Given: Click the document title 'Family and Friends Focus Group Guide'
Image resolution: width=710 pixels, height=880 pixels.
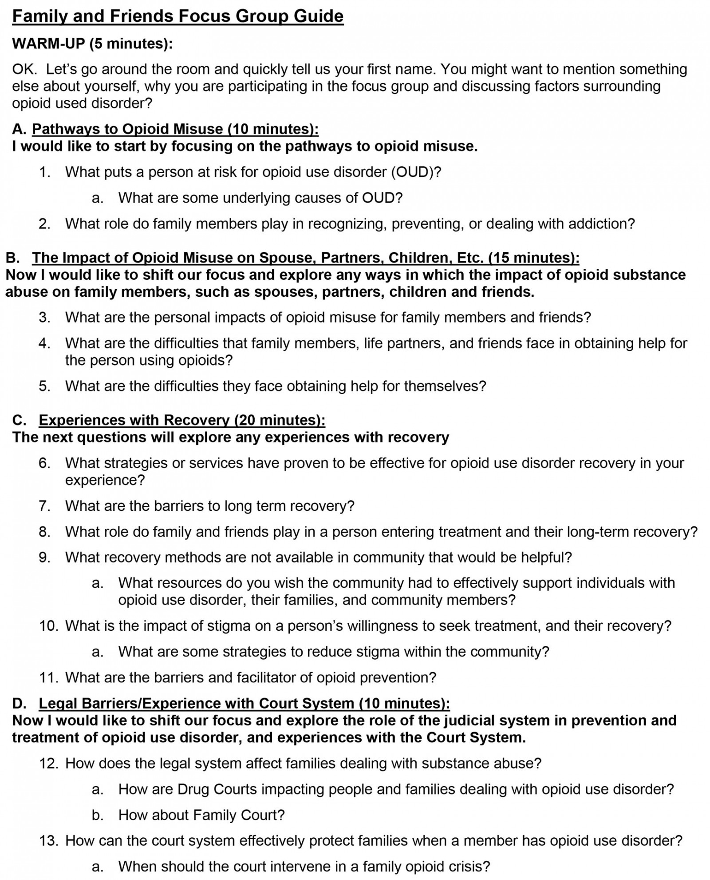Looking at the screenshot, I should tap(177, 16).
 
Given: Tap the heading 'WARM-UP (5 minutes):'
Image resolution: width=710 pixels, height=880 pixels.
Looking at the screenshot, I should tap(92, 44).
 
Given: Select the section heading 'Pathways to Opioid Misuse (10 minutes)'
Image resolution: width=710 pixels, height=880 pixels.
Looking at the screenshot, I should tap(175, 129).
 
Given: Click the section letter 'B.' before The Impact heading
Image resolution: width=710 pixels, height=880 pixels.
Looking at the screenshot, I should tap(13, 258).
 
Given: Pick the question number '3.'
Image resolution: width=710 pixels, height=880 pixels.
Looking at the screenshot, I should tap(44, 317).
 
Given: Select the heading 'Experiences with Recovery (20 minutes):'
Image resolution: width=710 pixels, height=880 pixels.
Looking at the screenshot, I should tap(182, 420).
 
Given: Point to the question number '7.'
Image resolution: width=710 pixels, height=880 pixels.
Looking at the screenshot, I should tap(44, 506).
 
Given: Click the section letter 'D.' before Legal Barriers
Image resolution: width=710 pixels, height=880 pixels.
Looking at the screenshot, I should tap(19, 703).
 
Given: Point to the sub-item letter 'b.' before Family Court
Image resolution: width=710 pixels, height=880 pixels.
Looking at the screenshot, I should tap(98, 815).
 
